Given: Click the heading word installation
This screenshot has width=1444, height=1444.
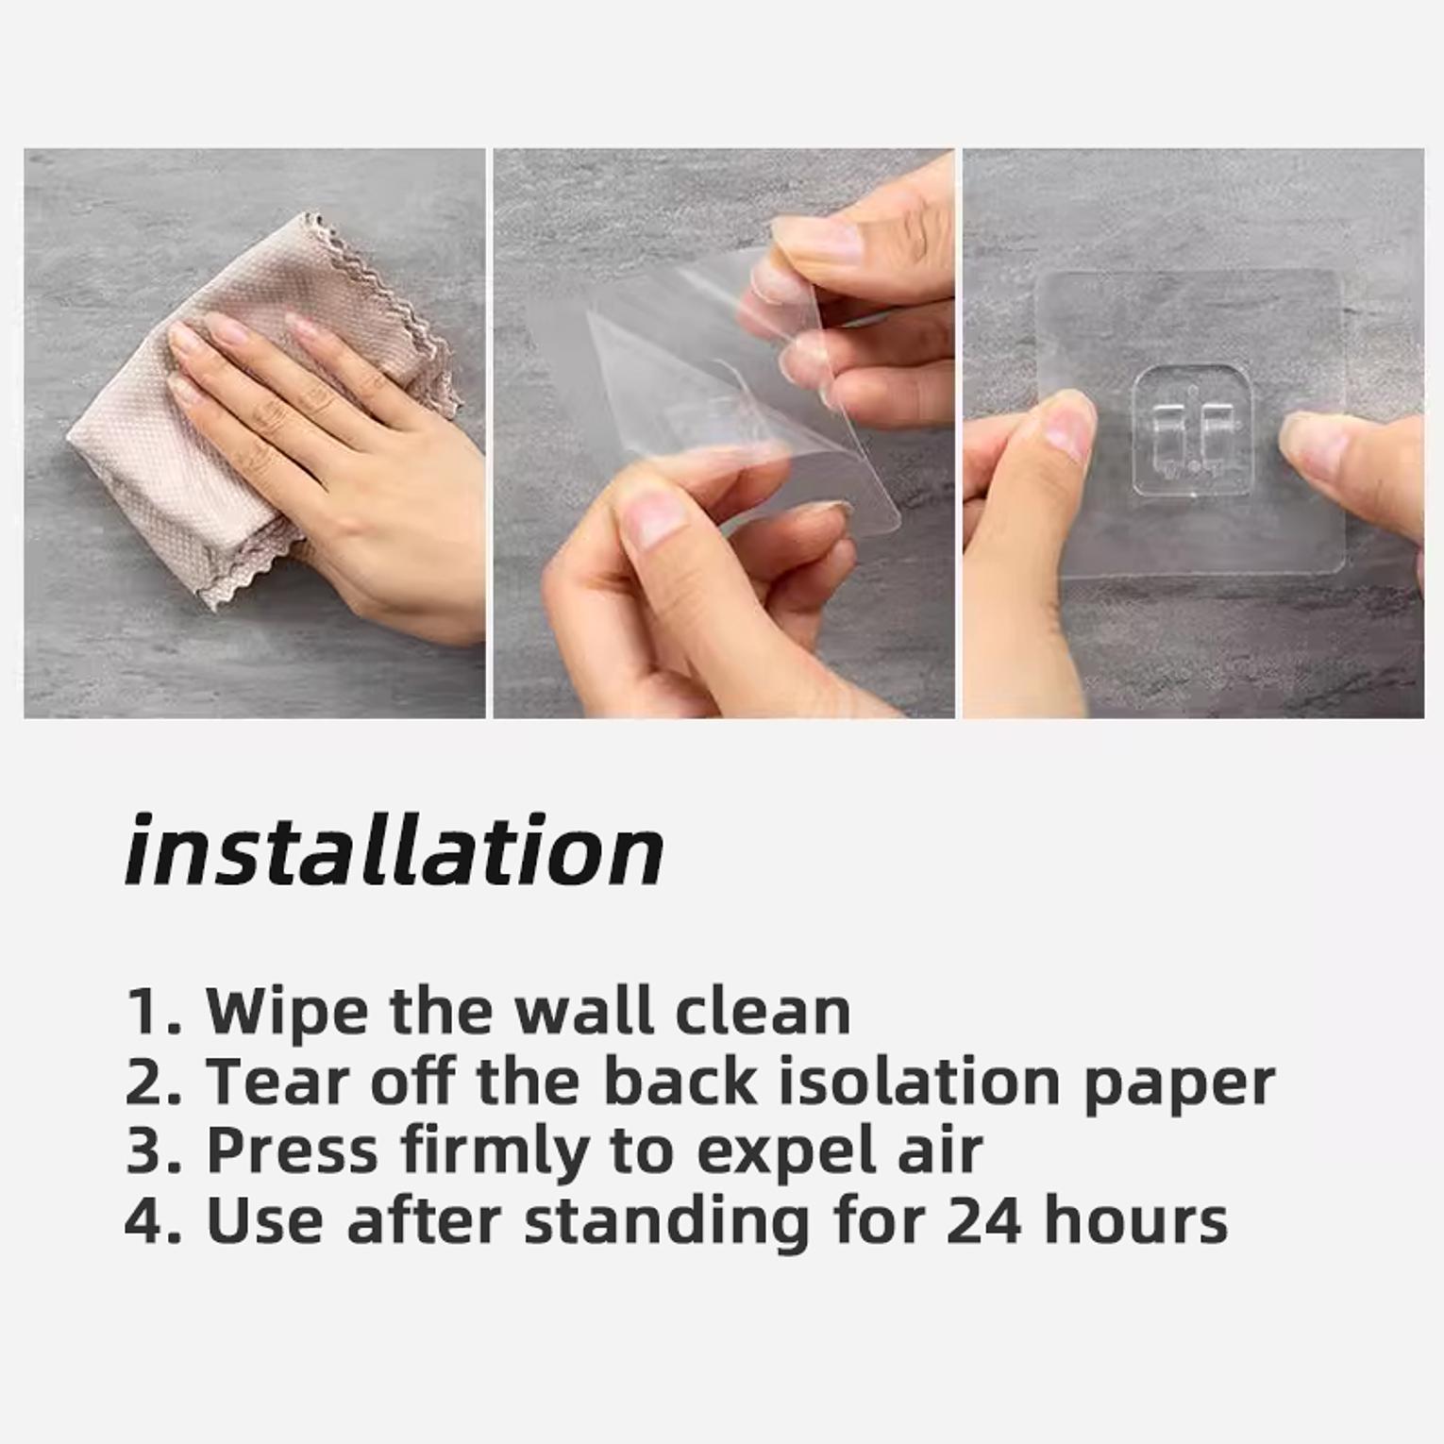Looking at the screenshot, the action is point(395,850).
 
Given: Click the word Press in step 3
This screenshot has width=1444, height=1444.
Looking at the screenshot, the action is point(293,1150).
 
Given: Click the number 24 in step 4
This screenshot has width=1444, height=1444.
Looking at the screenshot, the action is point(983,1220).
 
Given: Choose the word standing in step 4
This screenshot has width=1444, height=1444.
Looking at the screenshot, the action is point(667,1223).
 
